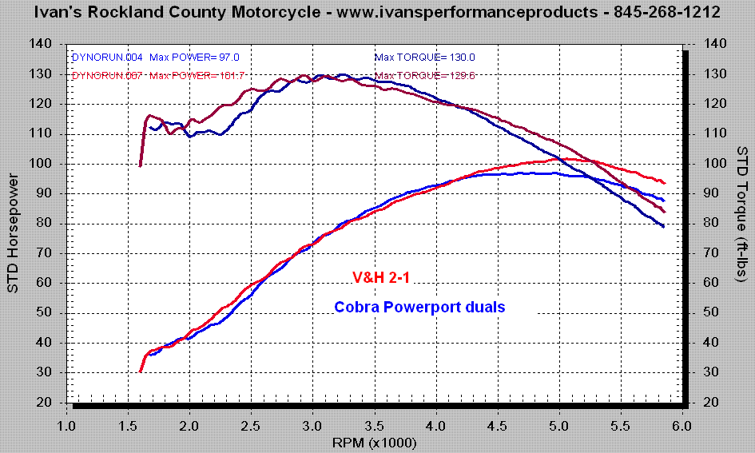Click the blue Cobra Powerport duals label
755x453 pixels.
click(419, 306)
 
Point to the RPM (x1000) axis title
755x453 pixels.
click(376, 440)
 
